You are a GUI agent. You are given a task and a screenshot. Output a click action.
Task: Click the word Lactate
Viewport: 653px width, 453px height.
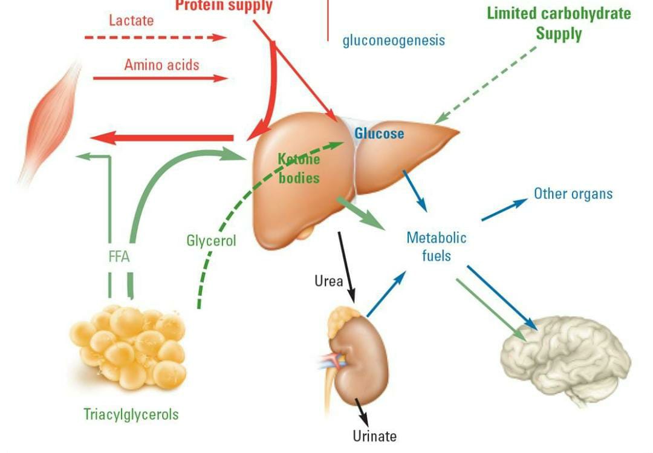pyautogui.click(x=131, y=20)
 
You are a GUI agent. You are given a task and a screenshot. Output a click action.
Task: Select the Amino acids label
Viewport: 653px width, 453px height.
pyautogui.click(x=161, y=64)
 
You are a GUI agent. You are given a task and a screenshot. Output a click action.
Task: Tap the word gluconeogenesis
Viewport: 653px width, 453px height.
pyautogui.click(x=394, y=41)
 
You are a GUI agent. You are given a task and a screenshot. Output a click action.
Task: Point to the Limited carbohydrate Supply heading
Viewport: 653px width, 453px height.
pyautogui.click(x=558, y=23)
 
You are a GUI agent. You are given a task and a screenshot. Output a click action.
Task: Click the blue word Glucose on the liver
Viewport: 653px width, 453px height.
pyautogui.click(x=379, y=133)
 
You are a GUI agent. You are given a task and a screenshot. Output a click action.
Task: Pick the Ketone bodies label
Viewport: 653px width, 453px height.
pyautogui.click(x=298, y=168)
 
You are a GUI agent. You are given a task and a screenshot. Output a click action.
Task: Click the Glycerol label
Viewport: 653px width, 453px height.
pyautogui.click(x=211, y=240)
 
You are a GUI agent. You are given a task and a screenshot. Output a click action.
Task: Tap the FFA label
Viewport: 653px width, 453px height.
pyautogui.click(x=119, y=256)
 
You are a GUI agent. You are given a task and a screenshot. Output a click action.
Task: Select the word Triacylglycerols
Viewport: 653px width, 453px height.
pyautogui.click(x=131, y=414)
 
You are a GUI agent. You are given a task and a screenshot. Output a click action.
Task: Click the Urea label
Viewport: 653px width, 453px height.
pyautogui.click(x=328, y=281)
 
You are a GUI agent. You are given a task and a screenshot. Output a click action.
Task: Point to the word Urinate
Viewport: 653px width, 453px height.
pyautogui.click(x=375, y=435)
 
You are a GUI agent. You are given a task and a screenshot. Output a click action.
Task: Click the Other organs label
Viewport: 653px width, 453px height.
pyautogui.click(x=573, y=194)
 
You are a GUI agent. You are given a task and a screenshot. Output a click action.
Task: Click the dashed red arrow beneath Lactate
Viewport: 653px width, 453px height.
pyautogui.click(x=154, y=37)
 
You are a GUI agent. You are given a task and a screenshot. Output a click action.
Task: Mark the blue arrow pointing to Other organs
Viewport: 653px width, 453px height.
pyautogui.click(x=504, y=210)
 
